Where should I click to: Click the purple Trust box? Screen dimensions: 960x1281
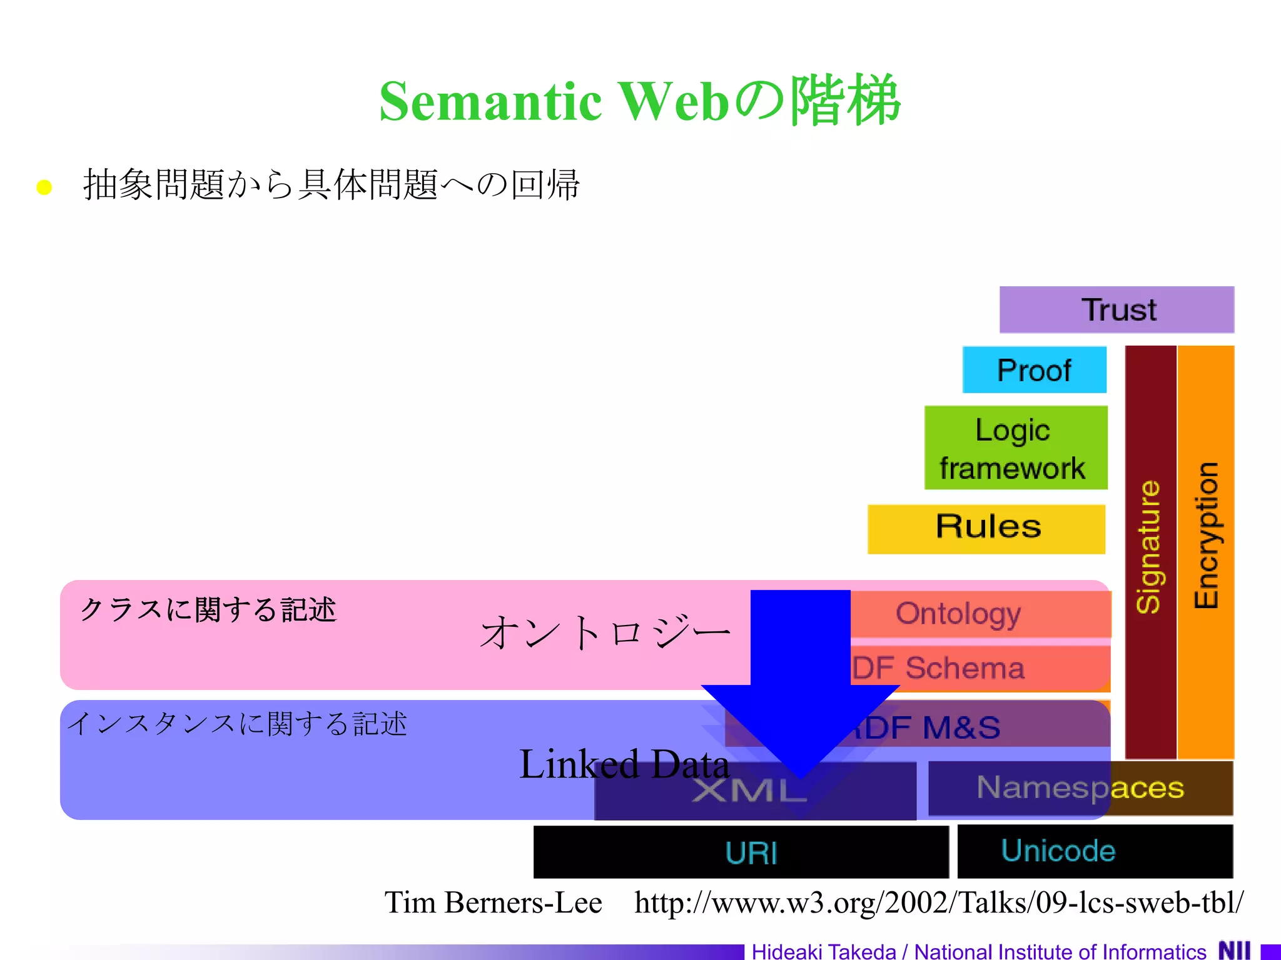(x=1116, y=309)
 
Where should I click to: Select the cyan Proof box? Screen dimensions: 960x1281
(x=1034, y=370)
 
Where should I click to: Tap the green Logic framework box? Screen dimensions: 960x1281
(x=1015, y=447)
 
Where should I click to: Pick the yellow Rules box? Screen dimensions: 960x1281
(x=986, y=529)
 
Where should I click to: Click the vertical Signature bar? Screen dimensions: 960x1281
(x=1150, y=550)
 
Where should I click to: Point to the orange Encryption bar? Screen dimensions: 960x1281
(x=1206, y=550)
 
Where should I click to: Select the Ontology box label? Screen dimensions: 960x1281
(x=958, y=614)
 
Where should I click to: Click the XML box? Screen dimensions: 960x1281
(x=751, y=791)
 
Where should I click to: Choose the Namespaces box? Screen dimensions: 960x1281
(x=1080, y=788)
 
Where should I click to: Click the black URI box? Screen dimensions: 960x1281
(x=741, y=852)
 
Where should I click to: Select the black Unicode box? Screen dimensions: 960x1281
(x=1095, y=851)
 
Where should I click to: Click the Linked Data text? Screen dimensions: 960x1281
(x=624, y=764)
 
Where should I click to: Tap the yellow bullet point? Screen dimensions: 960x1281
(x=44, y=187)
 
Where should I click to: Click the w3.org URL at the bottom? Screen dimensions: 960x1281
(x=938, y=902)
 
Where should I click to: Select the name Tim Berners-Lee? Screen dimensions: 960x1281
(x=493, y=902)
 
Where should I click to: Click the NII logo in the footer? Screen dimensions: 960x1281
(x=1234, y=950)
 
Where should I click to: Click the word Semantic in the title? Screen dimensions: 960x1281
(x=490, y=102)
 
